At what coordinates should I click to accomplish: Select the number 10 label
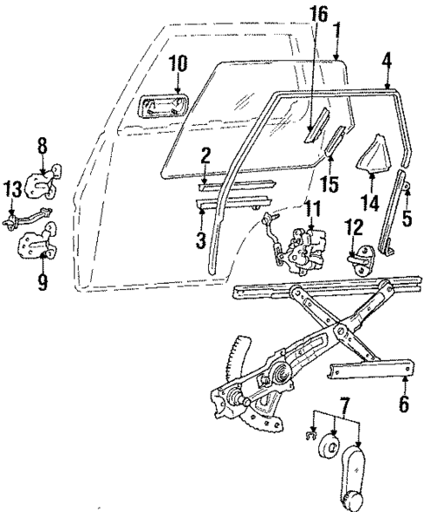(x=177, y=62)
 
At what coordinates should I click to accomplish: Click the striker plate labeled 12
(x=360, y=262)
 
